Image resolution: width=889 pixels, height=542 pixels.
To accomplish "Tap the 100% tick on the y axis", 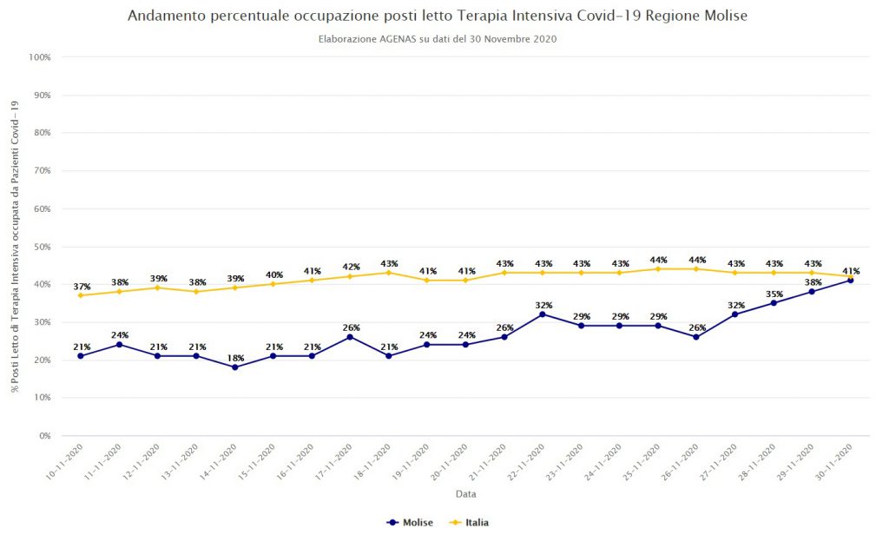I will point(40,57).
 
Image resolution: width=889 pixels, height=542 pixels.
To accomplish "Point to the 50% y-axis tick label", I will point(42,247).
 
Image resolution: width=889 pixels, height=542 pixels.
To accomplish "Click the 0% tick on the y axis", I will point(43,435).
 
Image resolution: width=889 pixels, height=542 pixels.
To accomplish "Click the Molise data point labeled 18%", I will point(234,367).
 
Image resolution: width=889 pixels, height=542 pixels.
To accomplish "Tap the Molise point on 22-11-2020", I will point(543,314).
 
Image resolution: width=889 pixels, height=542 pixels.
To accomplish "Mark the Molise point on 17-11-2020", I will point(350,337).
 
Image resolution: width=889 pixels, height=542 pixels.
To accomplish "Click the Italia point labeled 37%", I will point(81,295).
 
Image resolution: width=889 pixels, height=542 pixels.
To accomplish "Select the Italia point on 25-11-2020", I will point(658,268).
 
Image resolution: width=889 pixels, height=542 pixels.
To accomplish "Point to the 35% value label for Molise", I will point(774,294).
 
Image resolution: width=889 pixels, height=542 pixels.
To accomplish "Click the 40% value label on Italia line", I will point(273,274).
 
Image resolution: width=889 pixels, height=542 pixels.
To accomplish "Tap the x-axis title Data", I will point(465,494).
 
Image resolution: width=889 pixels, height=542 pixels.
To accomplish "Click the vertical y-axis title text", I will point(15,246).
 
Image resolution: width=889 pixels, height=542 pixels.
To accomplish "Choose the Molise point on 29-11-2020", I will point(812,292).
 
